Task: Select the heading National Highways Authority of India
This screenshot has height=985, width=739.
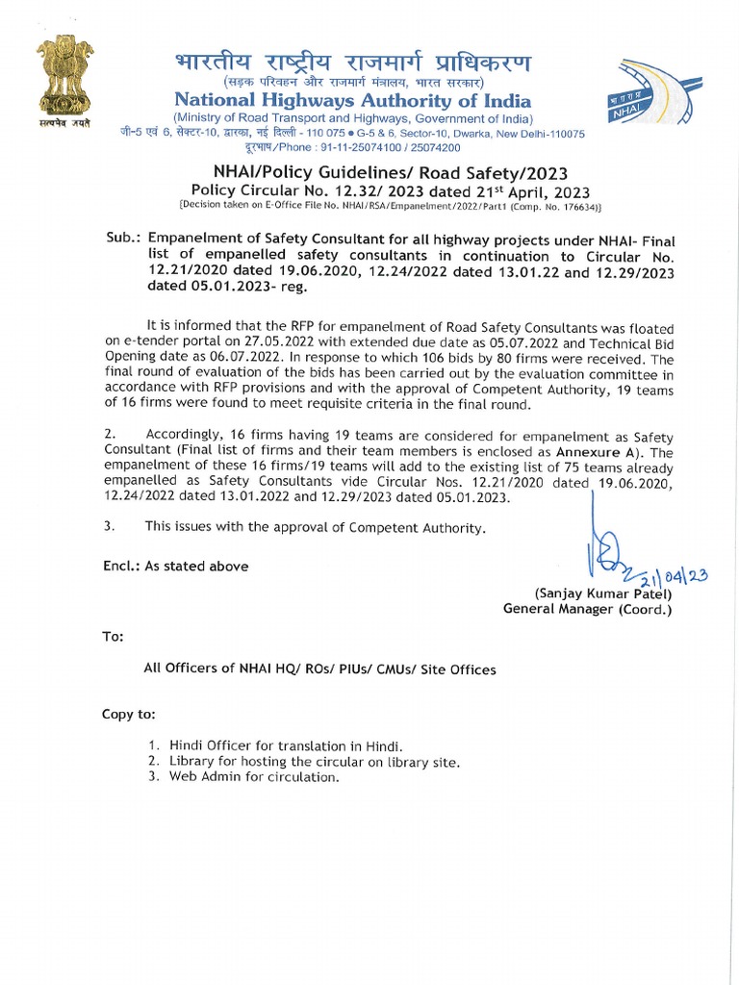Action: (351, 99)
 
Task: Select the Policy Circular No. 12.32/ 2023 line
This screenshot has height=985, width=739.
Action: (391, 190)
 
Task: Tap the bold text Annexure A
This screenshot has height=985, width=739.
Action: (602, 452)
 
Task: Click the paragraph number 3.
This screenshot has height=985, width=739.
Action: (109, 526)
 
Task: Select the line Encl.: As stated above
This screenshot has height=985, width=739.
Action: (175, 567)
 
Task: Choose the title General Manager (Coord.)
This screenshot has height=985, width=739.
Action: (587, 609)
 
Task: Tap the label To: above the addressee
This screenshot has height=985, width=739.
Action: (114, 638)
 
